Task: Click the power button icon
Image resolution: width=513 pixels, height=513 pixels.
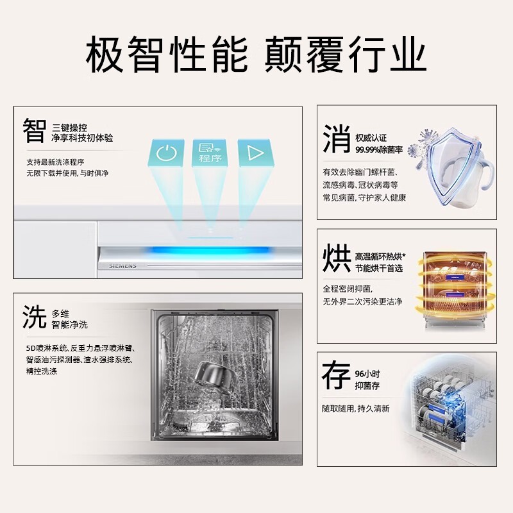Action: point(166,153)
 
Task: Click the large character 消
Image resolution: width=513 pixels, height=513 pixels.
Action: point(337,139)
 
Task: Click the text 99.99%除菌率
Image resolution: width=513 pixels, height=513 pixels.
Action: point(379,150)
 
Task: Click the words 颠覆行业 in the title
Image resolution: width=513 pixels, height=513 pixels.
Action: point(346,56)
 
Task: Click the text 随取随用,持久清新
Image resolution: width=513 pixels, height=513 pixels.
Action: point(356,408)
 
